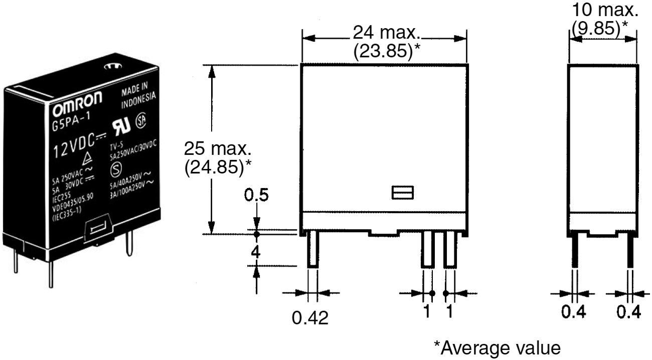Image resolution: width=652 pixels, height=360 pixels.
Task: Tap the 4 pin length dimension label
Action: click(x=256, y=251)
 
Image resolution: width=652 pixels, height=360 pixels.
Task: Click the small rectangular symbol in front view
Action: click(x=402, y=193)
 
